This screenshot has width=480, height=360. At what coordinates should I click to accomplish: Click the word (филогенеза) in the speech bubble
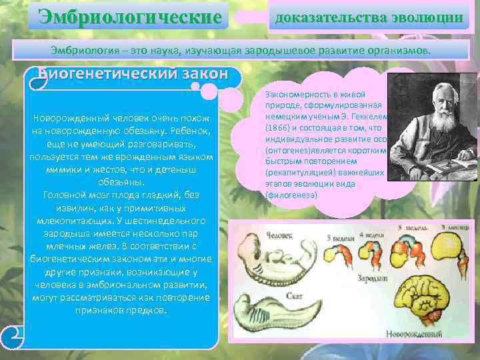(293, 195)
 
